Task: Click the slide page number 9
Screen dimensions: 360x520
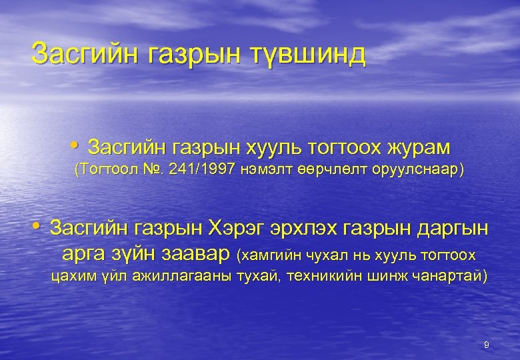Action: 486,345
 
